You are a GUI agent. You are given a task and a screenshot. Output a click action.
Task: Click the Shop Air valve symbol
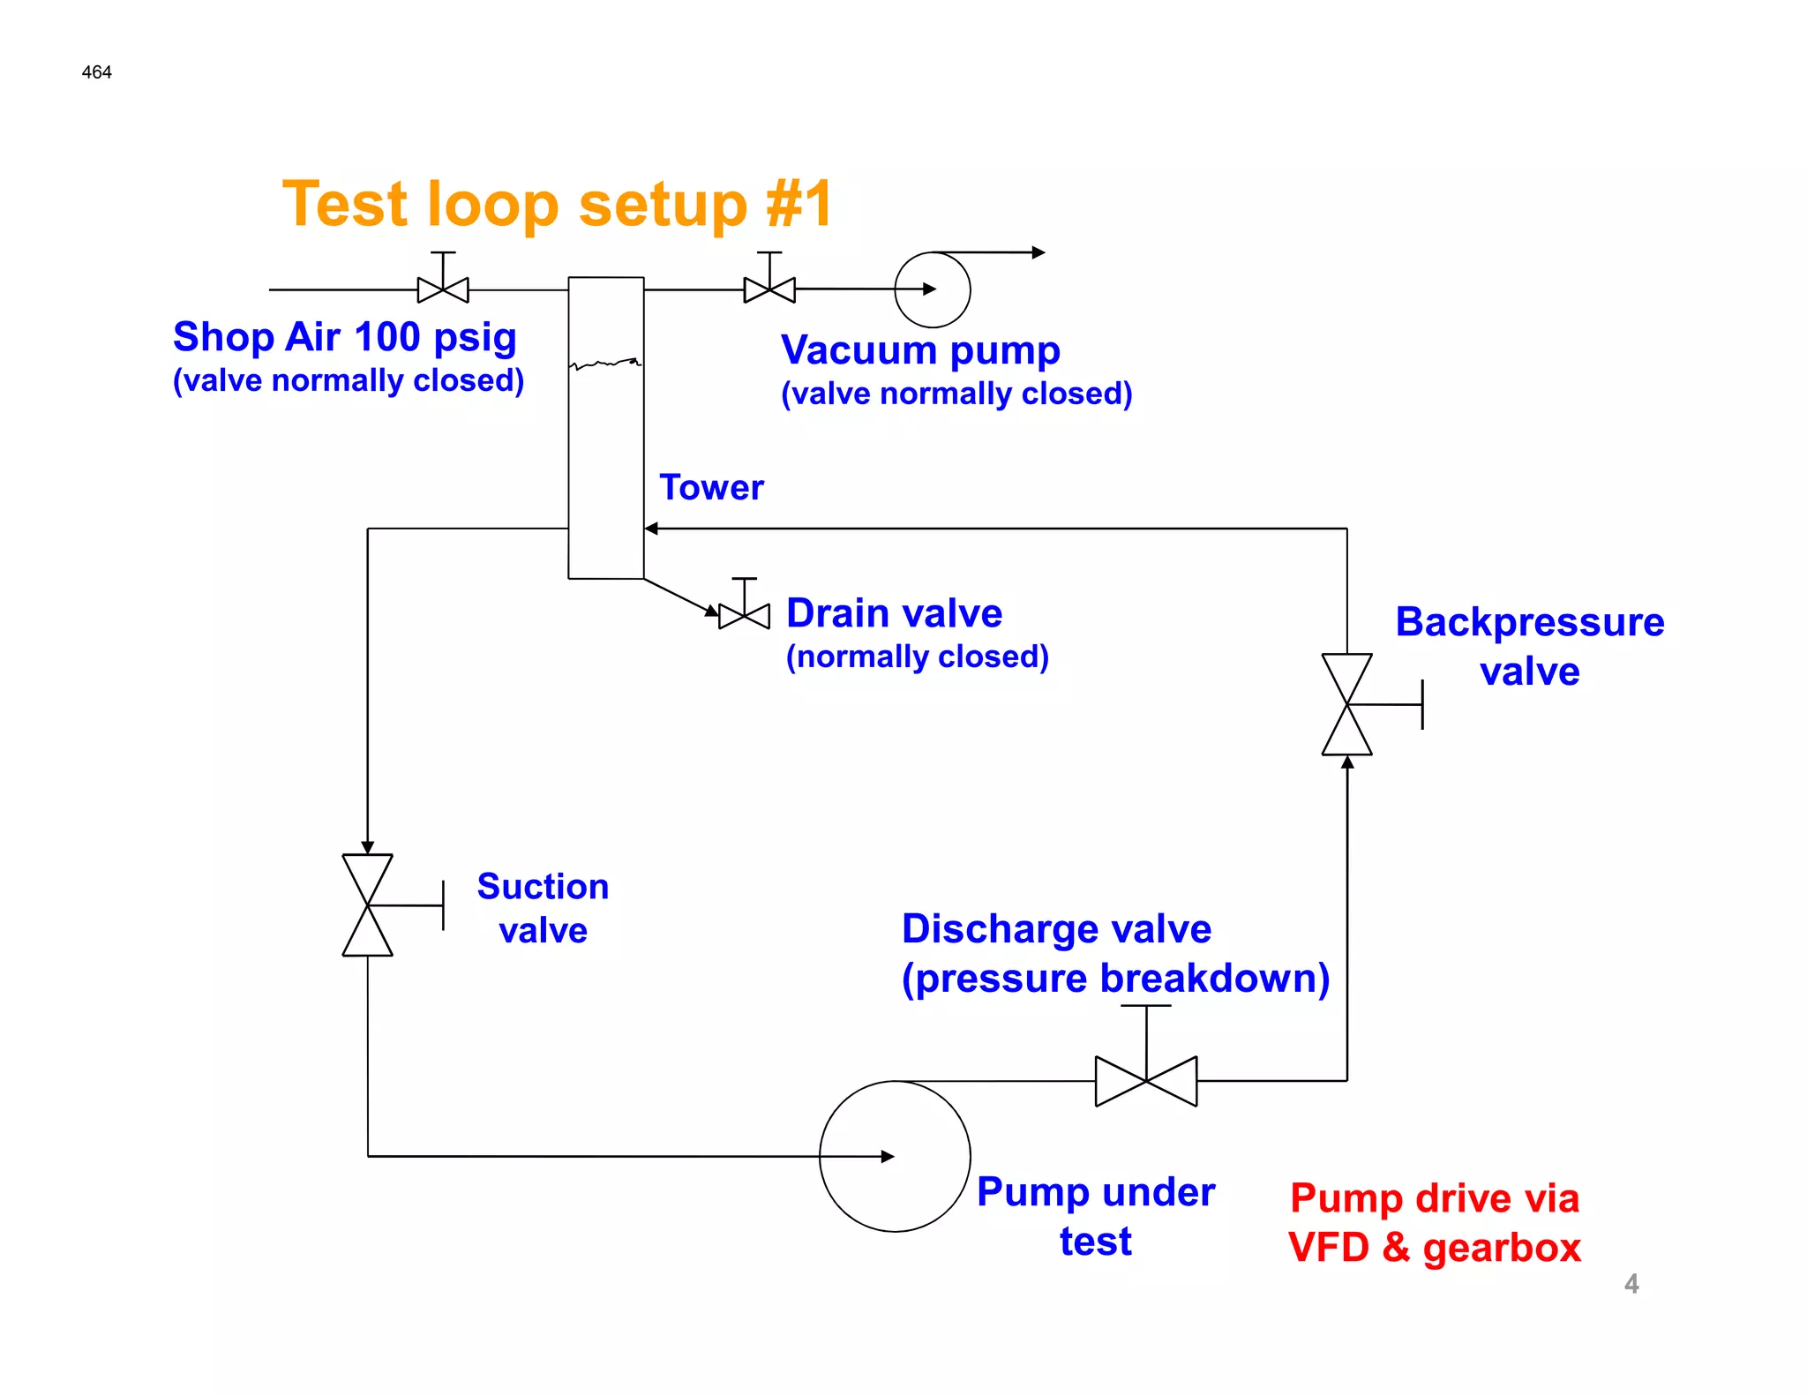[443, 289]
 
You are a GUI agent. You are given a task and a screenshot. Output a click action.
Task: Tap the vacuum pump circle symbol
[933, 289]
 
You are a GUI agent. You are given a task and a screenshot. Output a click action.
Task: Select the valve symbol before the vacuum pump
[769, 289]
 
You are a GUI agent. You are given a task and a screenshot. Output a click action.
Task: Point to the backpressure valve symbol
[1347, 704]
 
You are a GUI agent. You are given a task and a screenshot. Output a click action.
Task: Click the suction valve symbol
[368, 904]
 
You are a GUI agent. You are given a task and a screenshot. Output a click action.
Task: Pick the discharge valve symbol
[1145, 1080]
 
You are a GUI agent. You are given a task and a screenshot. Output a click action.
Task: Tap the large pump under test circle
[895, 1156]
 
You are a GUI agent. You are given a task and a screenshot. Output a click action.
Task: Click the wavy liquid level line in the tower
[606, 363]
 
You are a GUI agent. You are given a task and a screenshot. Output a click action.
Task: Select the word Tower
[711, 487]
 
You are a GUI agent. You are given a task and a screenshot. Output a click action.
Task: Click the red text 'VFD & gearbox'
[1435, 1247]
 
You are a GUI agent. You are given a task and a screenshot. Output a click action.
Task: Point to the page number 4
[1631, 1283]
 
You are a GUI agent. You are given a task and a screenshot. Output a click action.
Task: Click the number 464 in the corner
[96, 72]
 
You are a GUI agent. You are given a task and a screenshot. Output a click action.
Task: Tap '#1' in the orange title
[799, 204]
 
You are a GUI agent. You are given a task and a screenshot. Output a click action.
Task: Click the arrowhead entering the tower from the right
[651, 529]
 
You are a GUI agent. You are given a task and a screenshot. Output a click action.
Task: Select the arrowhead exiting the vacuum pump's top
[1038, 252]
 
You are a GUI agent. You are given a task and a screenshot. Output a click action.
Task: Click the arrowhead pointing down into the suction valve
[368, 847]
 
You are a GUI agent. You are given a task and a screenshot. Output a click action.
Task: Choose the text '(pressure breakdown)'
[1115, 978]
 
